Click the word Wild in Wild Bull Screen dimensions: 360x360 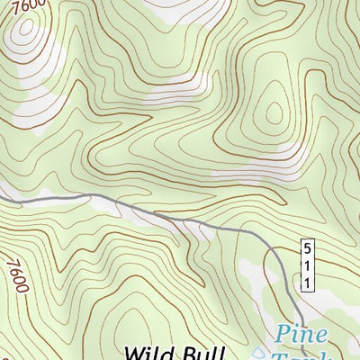coord(151,352)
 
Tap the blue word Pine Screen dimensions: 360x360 coord(301,336)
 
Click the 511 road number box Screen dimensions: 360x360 coord(306,265)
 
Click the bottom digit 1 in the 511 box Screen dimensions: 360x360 coord(306,283)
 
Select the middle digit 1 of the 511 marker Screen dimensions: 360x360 coord(306,265)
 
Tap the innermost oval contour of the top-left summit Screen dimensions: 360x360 coord(25,33)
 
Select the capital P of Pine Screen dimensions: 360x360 coord(283,336)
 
